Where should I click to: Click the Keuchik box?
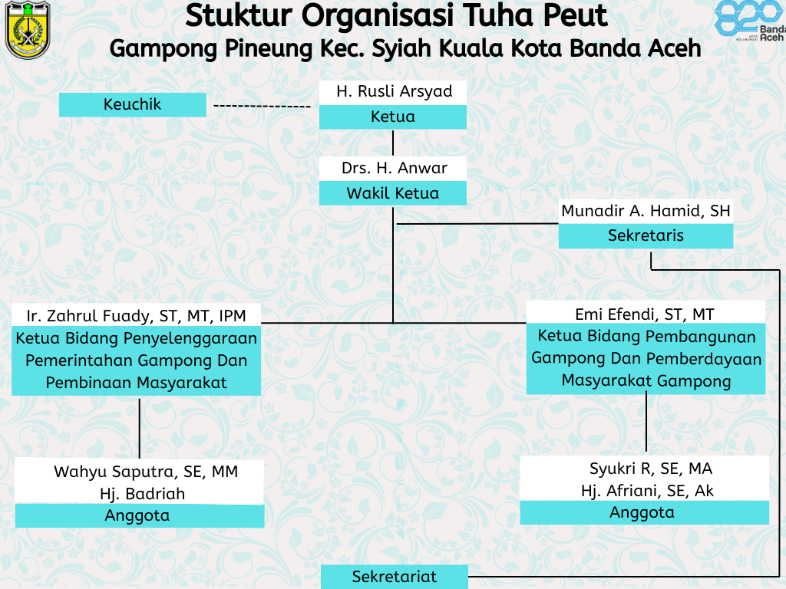click(133, 104)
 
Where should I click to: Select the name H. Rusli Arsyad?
click(394, 91)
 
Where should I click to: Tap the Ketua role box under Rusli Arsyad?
click(393, 117)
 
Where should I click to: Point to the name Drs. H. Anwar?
click(394, 168)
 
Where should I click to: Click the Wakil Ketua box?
click(393, 193)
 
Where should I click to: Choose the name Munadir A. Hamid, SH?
click(646, 211)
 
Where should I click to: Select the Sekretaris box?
click(646, 236)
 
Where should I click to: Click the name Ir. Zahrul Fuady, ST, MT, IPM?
click(137, 315)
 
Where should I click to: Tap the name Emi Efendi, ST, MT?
click(645, 314)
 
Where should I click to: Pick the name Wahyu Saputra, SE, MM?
click(146, 472)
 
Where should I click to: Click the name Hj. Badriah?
click(142, 494)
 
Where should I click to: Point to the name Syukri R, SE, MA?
click(651, 469)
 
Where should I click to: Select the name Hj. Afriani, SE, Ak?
click(647, 491)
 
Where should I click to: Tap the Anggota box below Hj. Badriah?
click(137, 516)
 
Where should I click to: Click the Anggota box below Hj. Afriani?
click(642, 512)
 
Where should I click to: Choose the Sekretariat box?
click(395, 577)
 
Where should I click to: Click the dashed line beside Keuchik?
click(262, 105)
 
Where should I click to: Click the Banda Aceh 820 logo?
click(749, 21)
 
